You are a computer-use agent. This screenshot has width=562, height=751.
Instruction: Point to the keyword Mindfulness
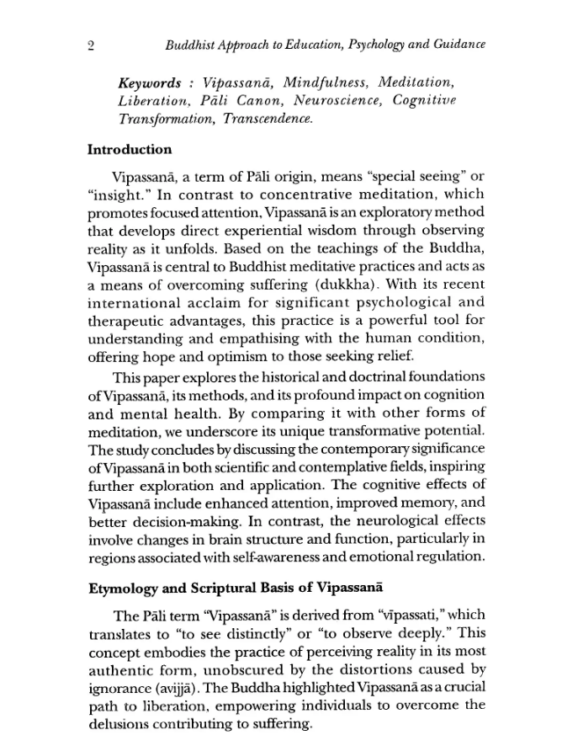[325, 84]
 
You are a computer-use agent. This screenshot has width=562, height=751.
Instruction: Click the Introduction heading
[130, 150]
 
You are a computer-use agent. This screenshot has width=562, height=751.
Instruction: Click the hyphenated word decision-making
[167, 522]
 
